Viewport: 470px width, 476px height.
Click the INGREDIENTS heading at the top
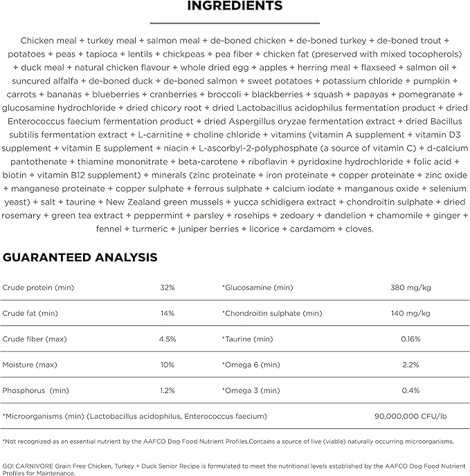click(x=235, y=6)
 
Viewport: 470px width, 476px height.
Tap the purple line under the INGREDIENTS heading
click(x=235, y=22)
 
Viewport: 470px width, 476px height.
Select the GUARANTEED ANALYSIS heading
click(x=80, y=258)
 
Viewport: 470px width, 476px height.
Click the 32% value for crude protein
click(x=168, y=287)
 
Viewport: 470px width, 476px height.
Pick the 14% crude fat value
click(x=168, y=313)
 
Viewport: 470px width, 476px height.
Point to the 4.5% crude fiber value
click(x=168, y=339)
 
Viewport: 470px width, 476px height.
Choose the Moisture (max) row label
click(x=30, y=365)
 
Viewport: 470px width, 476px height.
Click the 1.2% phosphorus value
click(x=168, y=390)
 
